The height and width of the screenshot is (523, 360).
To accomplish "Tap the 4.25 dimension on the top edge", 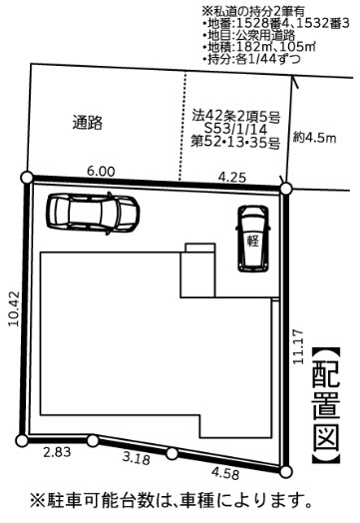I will click(x=232, y=176).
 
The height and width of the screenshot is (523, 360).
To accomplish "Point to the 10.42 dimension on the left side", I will click(x=12, y=309).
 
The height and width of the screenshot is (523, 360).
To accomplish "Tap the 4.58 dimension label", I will click(x=226, y=473).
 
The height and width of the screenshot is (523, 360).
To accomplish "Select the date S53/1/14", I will click(x=234, y=129).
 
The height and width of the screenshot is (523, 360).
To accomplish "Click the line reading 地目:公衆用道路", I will click(x=256, y=35).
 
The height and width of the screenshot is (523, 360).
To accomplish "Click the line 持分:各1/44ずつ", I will click(x=257, y=60).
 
